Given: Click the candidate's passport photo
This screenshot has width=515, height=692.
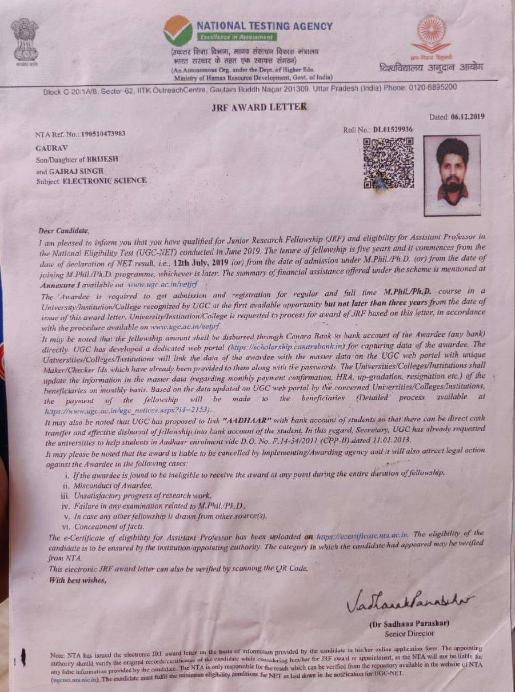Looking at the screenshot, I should [x=452, y=175].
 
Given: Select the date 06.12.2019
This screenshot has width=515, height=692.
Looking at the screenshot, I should [x=467, y=117].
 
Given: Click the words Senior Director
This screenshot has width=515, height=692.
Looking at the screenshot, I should [x=409, y=633].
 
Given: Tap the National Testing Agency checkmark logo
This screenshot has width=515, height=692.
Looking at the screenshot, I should [x=178, y=31].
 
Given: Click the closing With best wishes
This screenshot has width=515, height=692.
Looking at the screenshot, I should [x=78, y=580].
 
